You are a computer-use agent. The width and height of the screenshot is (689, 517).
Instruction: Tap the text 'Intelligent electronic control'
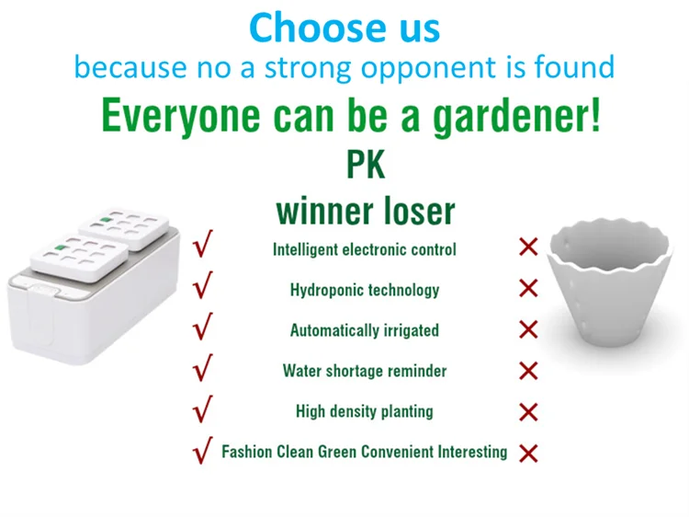coord(365,249)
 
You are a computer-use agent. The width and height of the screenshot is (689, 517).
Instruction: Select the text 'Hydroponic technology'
coord(365,290)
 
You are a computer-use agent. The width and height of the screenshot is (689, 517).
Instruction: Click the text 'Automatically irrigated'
coord(365,330)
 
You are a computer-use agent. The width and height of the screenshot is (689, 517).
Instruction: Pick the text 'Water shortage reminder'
coord(365,371)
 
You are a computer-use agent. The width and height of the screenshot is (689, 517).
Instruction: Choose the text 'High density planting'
coord(365,411)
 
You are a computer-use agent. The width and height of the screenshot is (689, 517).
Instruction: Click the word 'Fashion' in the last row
coord(246,452)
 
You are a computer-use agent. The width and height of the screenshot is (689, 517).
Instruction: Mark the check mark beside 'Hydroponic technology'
coord(203,288)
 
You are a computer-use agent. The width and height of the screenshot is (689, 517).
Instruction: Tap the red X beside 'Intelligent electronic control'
coord(528,247)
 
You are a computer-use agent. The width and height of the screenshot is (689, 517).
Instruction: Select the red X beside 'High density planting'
coord(528,411)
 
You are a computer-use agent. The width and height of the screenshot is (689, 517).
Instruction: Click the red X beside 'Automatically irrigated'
coord(528,329)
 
